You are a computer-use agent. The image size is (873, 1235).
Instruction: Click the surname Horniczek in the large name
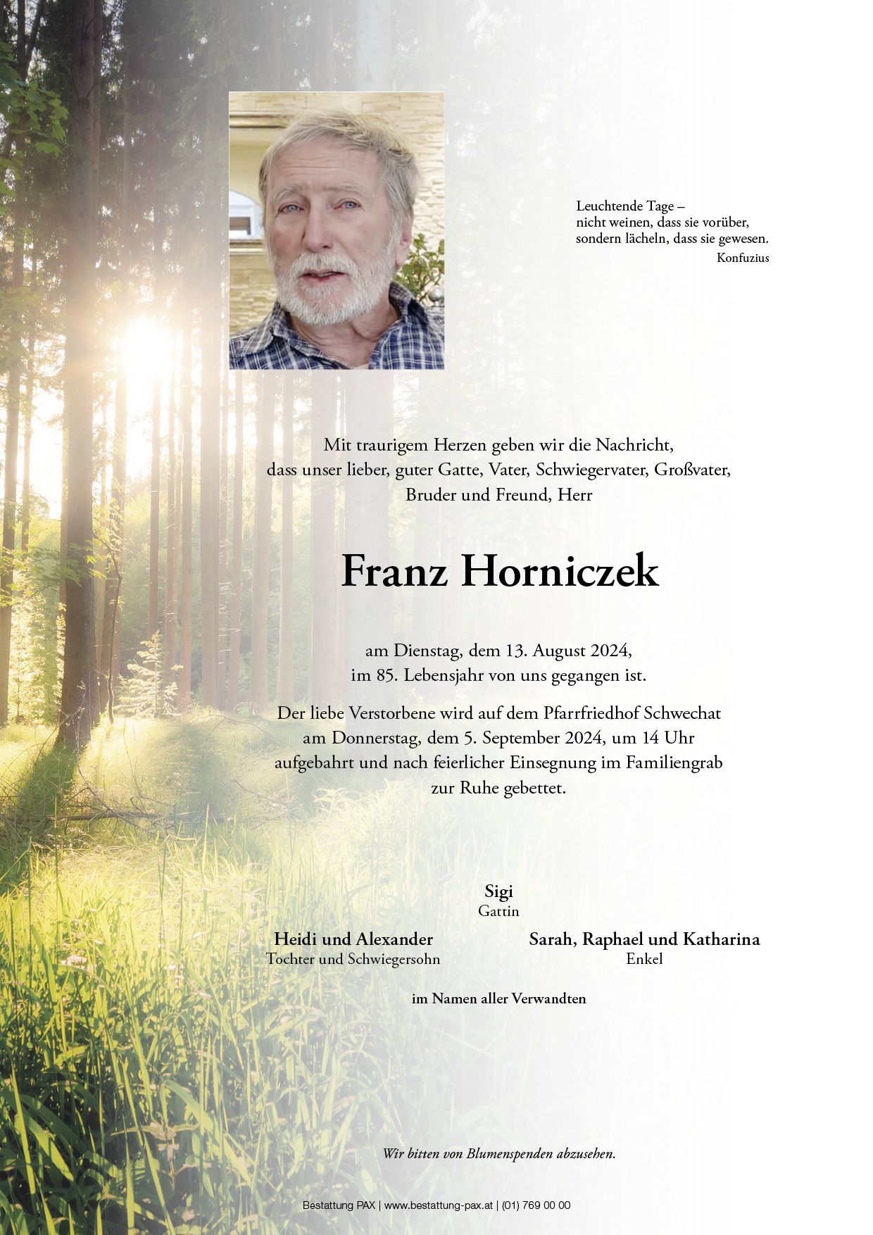point(560,572)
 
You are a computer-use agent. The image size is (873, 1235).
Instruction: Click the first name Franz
point(394,572)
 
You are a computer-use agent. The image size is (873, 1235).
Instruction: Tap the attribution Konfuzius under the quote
point(743,258)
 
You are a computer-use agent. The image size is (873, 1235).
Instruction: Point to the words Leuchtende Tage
point(625,206)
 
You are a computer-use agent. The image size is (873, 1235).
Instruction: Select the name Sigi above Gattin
point(498,891)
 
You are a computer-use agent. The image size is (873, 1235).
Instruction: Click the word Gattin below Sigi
point(498,911)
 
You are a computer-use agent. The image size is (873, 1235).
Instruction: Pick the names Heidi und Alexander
point(353,939)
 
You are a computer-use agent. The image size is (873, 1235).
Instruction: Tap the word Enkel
point(644,958)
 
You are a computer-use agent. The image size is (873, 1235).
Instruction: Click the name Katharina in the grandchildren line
point(722,939)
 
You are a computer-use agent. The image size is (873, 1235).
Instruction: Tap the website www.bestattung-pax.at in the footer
point(440,1205)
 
